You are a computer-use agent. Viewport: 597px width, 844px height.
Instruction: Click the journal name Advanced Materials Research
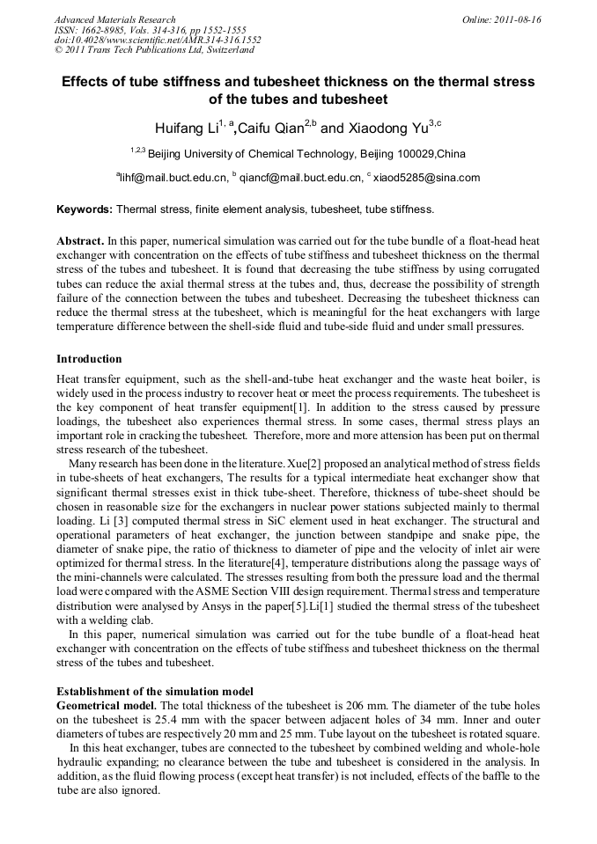[114, 19]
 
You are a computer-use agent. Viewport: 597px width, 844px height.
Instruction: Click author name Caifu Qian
[269, 128]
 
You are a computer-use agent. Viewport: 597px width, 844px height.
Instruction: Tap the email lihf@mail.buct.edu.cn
[172, 178]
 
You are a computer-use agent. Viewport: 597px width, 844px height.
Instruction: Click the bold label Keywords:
[85, 209]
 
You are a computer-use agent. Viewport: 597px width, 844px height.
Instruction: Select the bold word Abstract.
[80, 240]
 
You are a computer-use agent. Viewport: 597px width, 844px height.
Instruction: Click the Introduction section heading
[89, 359]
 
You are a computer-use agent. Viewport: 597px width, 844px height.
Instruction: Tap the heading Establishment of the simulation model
[155, 691]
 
